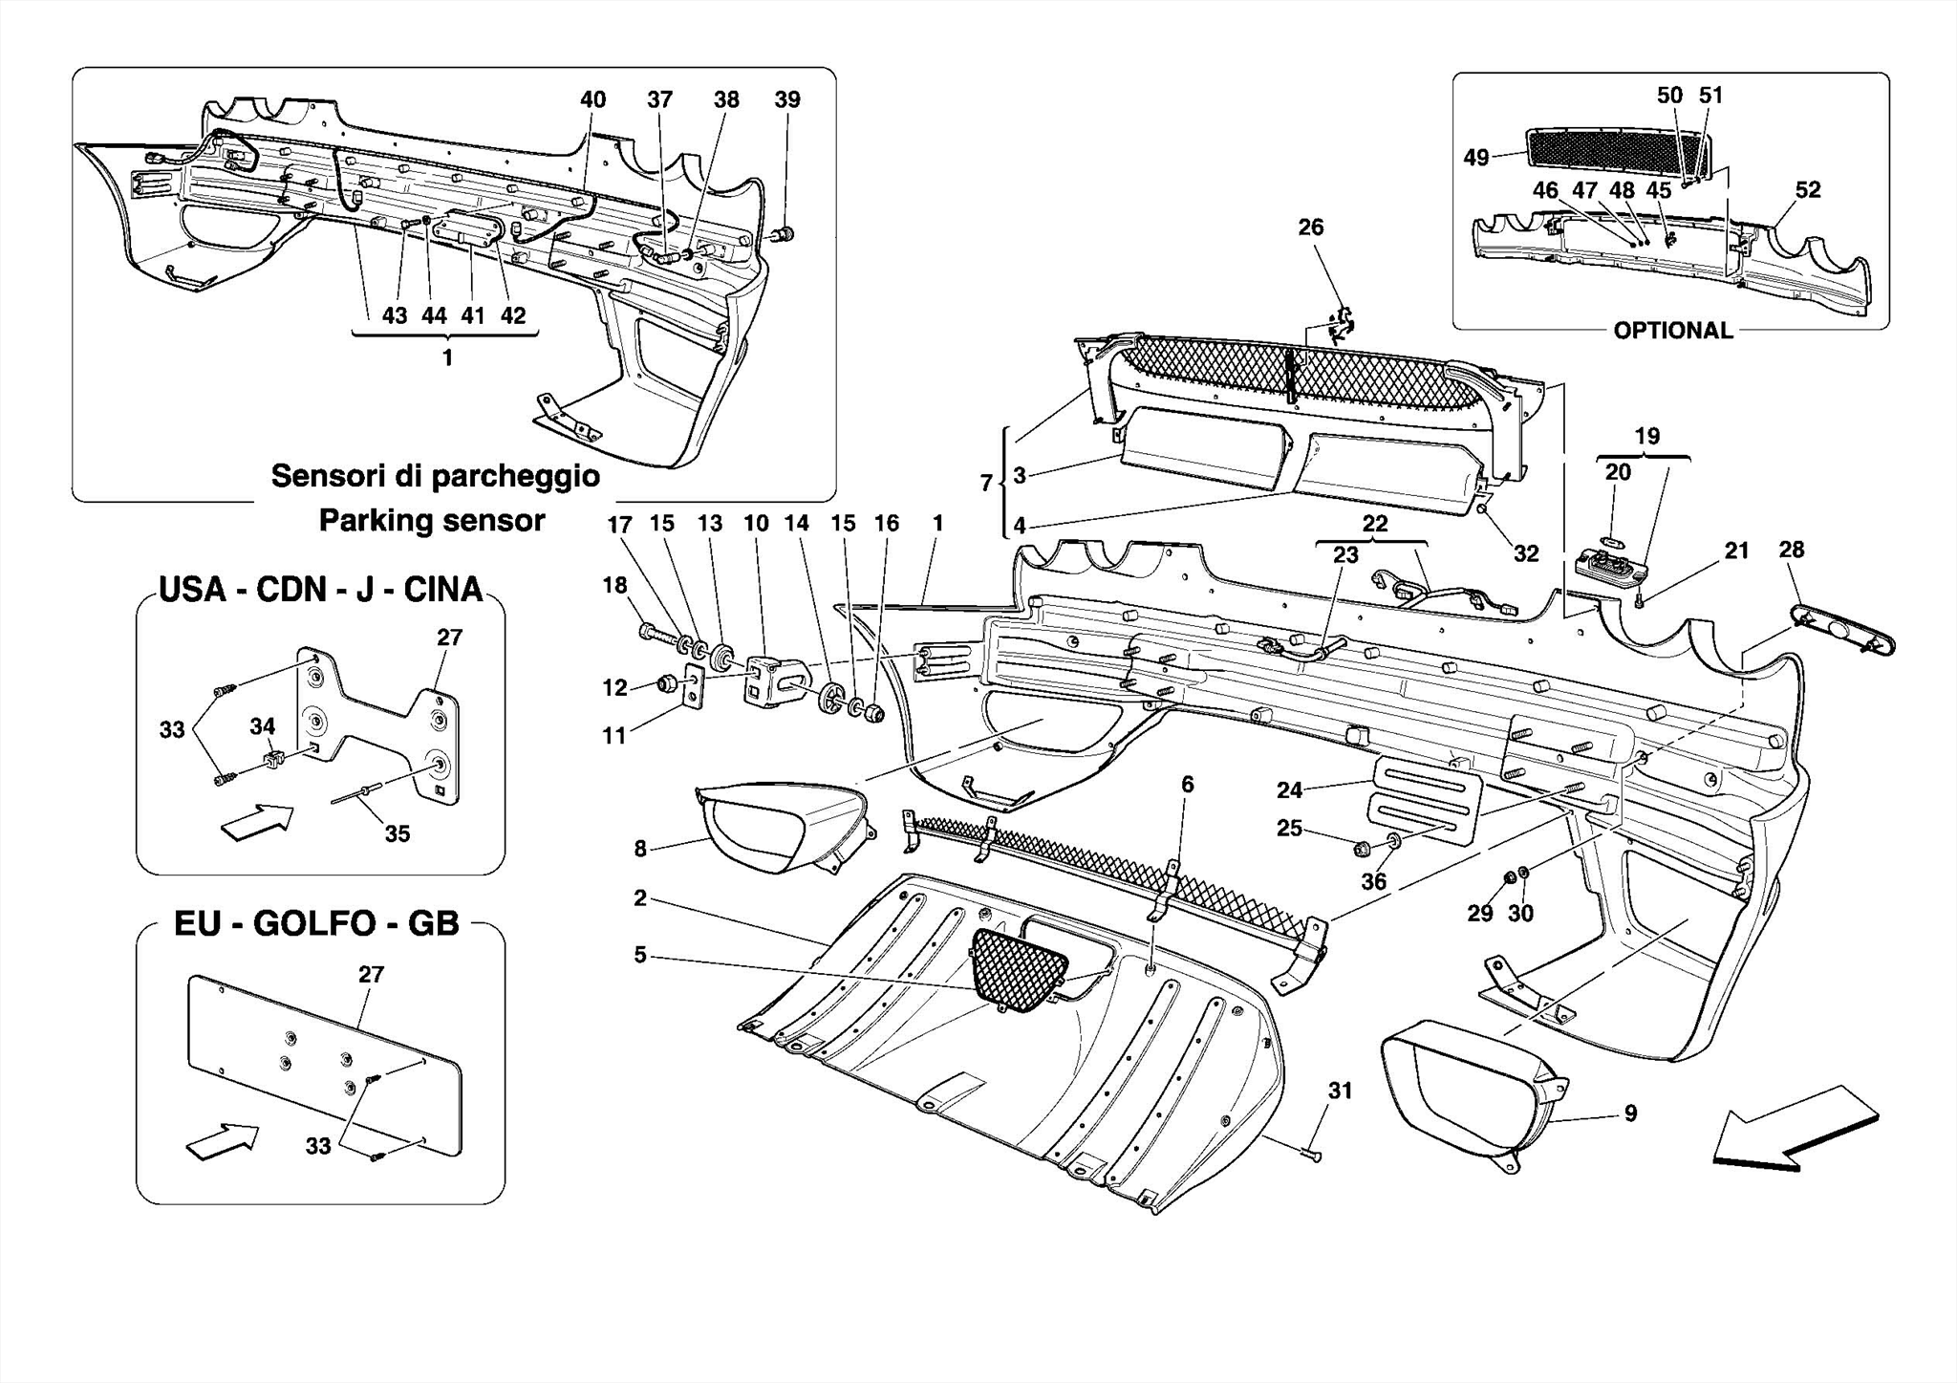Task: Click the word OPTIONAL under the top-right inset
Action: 1672,331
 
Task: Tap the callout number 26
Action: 1310,227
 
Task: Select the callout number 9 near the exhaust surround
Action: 1630,1113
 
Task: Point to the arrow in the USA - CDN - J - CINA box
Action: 256,822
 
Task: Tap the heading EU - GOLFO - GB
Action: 316,924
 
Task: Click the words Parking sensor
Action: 431,521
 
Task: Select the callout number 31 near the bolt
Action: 1340,1091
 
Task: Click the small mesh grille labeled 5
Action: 1017,969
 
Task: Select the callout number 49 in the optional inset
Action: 1476,158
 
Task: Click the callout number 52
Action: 1807,190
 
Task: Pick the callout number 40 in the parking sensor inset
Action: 592,100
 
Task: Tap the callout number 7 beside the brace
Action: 986,484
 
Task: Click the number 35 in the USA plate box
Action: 397,834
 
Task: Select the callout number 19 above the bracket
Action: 1646,437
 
